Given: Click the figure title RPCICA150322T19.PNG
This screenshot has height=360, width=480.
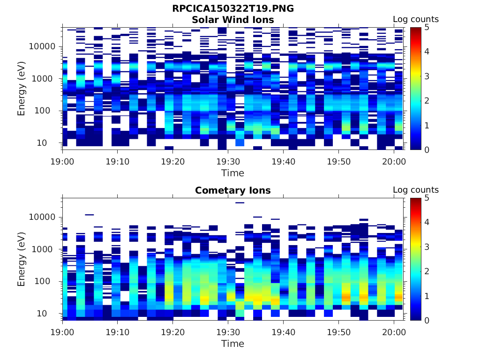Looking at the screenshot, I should click(x=232, y=8).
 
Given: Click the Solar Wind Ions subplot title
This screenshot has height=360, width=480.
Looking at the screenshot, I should click(x=232, y=20).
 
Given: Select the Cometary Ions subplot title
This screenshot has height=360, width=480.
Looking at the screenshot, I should click(x=232, y=190).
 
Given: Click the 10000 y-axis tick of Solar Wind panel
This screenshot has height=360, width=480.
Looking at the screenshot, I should click(x=43, y=47).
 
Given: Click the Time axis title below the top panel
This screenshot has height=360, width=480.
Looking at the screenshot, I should click(x=232, y=173).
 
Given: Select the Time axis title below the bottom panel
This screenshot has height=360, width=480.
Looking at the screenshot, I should click(x=232, y=344).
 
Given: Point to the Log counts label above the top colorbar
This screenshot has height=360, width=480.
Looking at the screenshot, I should click(x=415, y=19).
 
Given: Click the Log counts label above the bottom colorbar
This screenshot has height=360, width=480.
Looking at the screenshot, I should click(x=415, y=190).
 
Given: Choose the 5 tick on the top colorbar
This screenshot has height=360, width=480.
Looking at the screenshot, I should click(x=427, y=27).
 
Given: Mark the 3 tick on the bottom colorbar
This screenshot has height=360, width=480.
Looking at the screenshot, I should click(x=427, y=247).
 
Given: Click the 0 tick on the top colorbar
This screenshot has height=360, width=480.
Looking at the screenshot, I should click(x=427, y=150).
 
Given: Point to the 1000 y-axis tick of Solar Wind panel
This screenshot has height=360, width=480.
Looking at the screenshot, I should click(x=45, y=79).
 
